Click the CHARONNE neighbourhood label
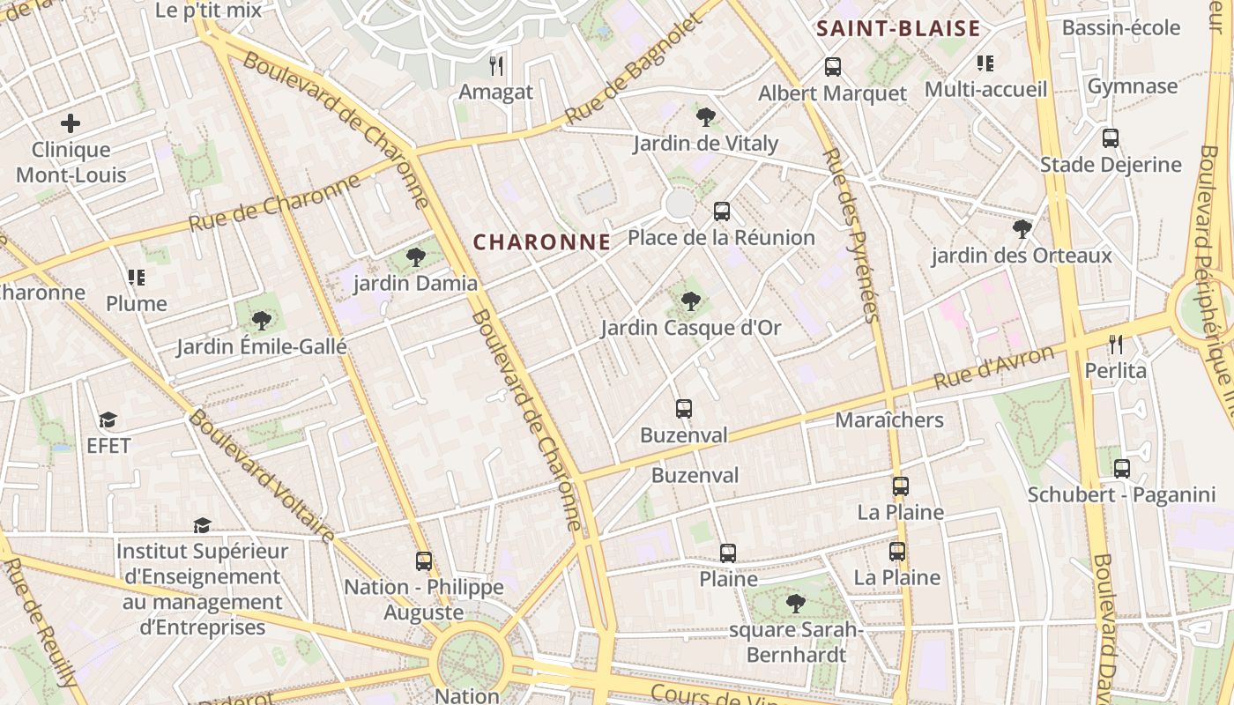[x=541, y=242]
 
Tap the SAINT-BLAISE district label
[x=898, y=29]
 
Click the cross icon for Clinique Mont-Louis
[x=71, y=123]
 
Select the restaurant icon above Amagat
[x=496, y=65]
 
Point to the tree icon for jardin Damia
[x=415, y=257]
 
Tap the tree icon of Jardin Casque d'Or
[x=691, y=301]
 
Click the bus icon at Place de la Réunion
[x=722, y=211]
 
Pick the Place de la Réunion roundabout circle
[x=680, y=204]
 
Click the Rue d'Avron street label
[x=993, y=368]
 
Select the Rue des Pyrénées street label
[x=852, y=235]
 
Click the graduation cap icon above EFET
[x=108, y=419]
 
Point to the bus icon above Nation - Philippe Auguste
[x=424, y=560]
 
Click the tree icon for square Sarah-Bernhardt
[x=796, y=604]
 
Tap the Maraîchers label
[x=889, y=420]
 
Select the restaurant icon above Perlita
[x=1116, y=344]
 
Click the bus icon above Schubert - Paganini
[x=1121, y=469]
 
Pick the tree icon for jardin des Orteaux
[x=1022, y=229]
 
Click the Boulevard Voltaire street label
[x=262, y=476]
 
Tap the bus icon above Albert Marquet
[x=832, y=66]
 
